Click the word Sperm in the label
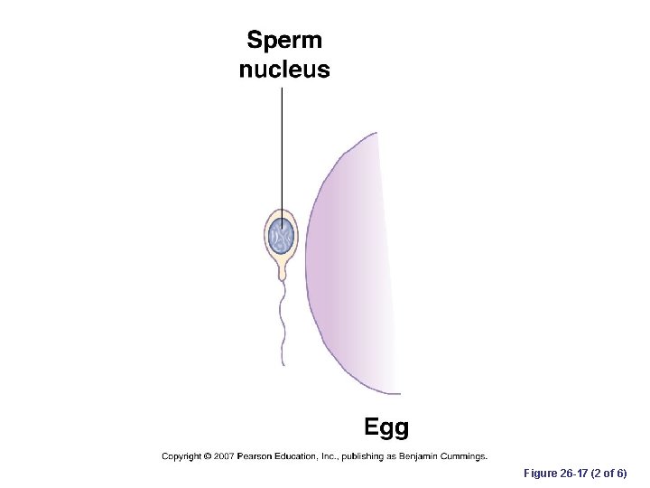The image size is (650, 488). tap(284, 41)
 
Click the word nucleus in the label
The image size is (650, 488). tap(284, 70)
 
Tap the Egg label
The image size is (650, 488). tap(385, 427)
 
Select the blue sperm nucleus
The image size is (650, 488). tap(282, 237)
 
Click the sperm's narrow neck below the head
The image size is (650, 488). tap(282, 268)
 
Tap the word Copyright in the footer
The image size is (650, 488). tap(181, 456)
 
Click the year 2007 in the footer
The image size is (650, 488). tap(225, 456)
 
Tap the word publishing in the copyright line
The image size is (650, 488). tap(368, 456)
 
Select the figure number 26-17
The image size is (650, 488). tap(572, 474)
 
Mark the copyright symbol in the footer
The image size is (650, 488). tap(207, 456)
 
